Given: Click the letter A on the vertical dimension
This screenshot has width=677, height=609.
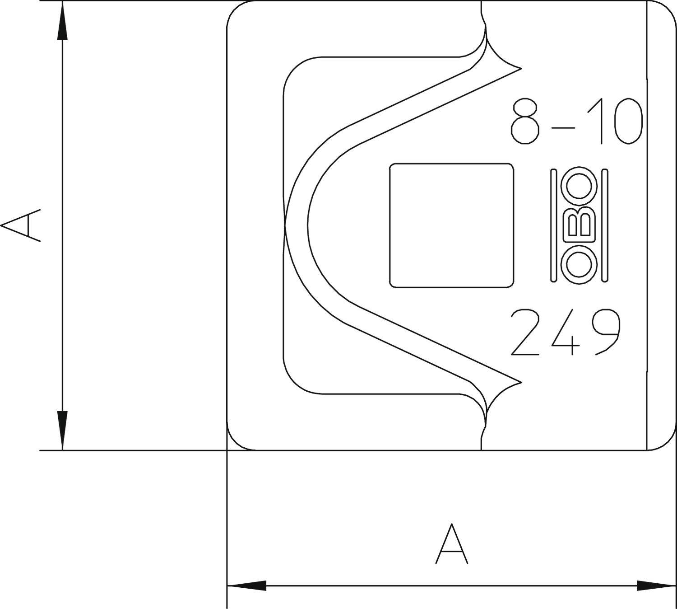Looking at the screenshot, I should click(x=22, y=225).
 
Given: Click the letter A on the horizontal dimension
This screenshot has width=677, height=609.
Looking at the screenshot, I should click(x=451, y=544).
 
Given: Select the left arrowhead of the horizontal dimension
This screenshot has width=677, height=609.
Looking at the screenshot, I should click(x=246, y=586).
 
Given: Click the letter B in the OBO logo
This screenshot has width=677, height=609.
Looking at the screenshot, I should click(x=579, y=225).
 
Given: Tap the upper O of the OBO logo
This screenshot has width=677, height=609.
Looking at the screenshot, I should click(x=579, y=185).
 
